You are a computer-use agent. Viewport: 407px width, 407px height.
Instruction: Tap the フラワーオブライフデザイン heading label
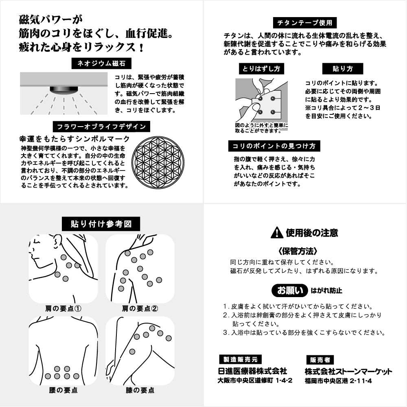click(101, 127)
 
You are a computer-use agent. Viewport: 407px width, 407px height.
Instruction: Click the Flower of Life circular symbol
click(159, 162)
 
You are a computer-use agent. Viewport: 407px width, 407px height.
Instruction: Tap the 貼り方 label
click(342, 68)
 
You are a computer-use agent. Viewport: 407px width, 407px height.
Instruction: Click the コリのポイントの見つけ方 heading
click(274, 146)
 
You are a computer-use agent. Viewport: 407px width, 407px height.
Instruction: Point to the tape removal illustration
click(261, 102)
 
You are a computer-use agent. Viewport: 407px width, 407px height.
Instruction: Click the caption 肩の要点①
click(63, 308)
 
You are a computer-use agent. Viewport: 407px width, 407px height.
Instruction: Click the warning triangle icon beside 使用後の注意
click(277, 233)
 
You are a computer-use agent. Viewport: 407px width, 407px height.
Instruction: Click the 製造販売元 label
click(240, 359)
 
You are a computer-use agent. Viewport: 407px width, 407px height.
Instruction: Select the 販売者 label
click(320, 360)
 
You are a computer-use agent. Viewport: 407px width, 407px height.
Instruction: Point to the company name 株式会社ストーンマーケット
click(348, 372)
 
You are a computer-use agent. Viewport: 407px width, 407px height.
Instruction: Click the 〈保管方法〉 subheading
click(298, 251)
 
